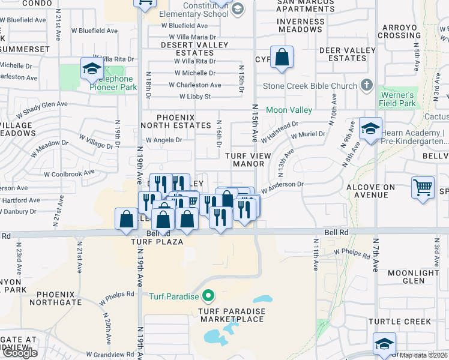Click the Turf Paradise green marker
click(x=208, y=295)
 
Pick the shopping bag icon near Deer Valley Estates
click(x=282, y=58)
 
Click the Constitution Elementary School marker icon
click(x=238, y=8)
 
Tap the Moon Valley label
click(x=289, y=110)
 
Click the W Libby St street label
click(x=195, y=96)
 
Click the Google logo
click(x=19, y=353)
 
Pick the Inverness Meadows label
click(x=301, y=26)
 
